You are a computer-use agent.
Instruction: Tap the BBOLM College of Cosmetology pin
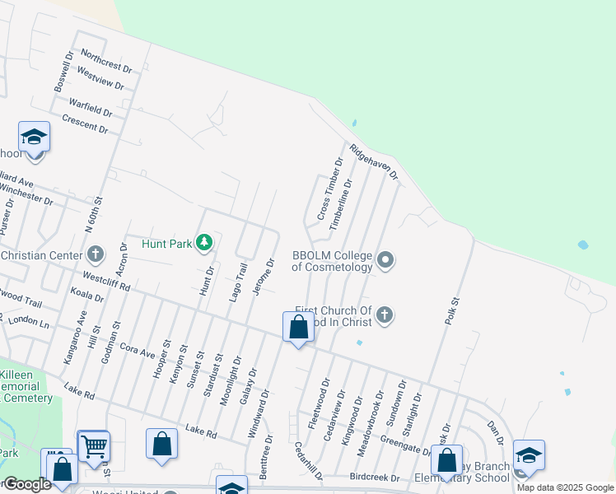point(385,261)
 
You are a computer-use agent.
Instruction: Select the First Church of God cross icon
point(384,315)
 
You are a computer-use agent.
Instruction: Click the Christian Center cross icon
point(96,254)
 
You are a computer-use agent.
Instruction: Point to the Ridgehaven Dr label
point(373,162)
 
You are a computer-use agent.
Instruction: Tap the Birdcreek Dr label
point(374,478)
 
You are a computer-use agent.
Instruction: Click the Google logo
point(26,484)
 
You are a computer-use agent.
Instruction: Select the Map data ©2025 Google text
point(565,487)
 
